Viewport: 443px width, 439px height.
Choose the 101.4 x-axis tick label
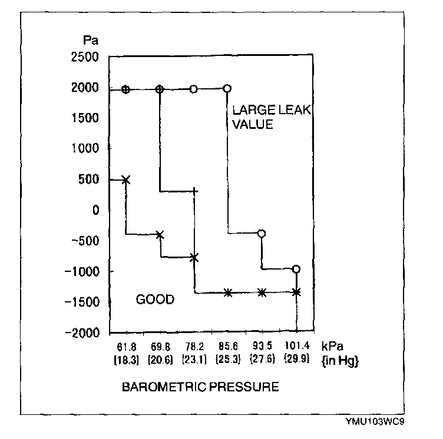click(x=296, y=345)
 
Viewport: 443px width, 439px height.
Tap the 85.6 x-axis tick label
click(x=227, y=345)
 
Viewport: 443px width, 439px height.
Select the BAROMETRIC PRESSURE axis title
click(x=200, y=388)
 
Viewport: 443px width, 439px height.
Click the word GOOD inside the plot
click(x=155, y=300)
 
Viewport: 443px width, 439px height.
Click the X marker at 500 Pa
click(x=125, y=179)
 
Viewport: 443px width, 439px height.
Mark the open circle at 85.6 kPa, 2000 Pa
click(x=227, y=88)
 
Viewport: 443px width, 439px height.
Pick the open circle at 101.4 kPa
click(x=296, y=269)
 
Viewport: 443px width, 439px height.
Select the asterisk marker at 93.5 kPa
click(x=262, y=292)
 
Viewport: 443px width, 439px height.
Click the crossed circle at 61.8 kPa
click(x=125, y=89)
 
